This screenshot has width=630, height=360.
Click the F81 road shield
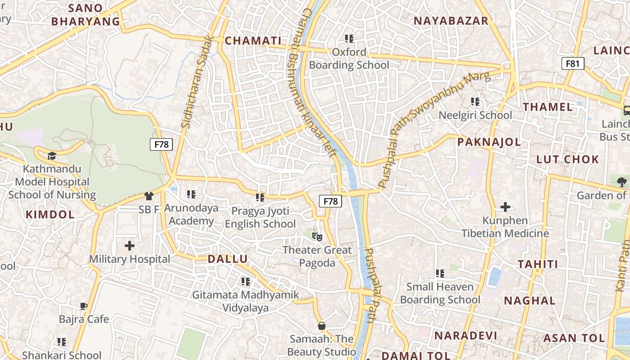tap(572, 63)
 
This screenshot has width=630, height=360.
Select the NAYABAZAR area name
tap(450, 21)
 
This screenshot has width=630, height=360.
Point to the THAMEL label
tap(548, 107)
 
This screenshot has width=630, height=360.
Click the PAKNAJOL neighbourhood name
tap(489, 142)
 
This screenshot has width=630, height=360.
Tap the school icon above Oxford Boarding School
tap(349, 39)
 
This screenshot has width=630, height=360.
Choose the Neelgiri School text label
tap(475, 115)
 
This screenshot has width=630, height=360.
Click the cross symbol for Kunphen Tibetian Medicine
tap(505, 207)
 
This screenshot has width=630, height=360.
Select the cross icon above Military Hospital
tap(130, 246)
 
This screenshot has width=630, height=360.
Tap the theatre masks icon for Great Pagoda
tap(317, 236)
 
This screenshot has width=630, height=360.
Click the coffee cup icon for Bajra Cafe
tap(84, 306)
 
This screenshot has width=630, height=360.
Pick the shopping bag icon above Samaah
tap(321, 325)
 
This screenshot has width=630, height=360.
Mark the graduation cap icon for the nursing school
tap(52, 156)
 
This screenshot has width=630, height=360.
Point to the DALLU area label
tap(227, 259)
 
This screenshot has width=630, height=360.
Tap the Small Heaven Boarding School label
tap(440, 293)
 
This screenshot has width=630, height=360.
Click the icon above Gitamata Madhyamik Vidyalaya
tap(245, 282)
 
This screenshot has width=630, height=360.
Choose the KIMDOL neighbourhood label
tap(50, 215)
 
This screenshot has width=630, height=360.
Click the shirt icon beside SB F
tap(148, 196)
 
